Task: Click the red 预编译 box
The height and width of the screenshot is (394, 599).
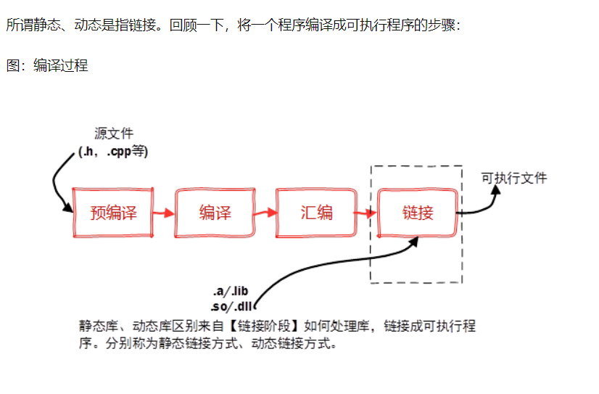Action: (114, 213)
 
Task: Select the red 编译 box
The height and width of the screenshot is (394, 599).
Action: (215, 213)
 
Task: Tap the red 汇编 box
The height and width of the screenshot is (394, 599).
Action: (316, 213)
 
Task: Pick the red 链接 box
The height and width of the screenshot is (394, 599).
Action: (418, 213)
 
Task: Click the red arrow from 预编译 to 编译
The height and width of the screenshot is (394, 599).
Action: (165, 213)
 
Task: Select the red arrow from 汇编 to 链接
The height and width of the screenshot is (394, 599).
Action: (366, 213)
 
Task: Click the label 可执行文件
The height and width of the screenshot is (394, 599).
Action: (514, 178)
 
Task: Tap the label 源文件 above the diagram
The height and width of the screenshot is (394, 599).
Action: (114, 134)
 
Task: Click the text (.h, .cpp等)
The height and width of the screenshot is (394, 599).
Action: (113, 152)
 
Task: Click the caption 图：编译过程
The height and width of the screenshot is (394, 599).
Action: (47, 65)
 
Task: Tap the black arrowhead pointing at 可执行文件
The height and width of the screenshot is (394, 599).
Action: (495, 191)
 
